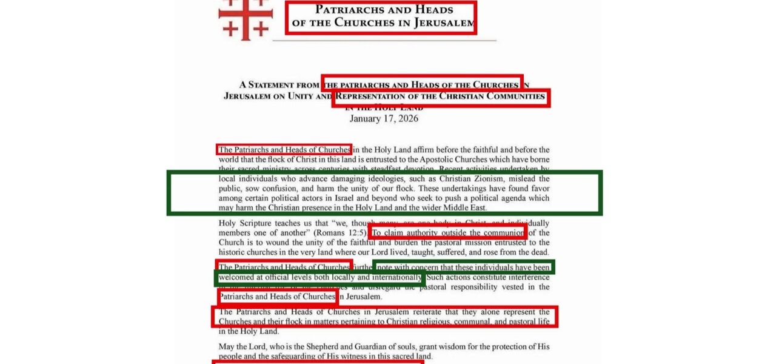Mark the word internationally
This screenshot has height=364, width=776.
point(393,277)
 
